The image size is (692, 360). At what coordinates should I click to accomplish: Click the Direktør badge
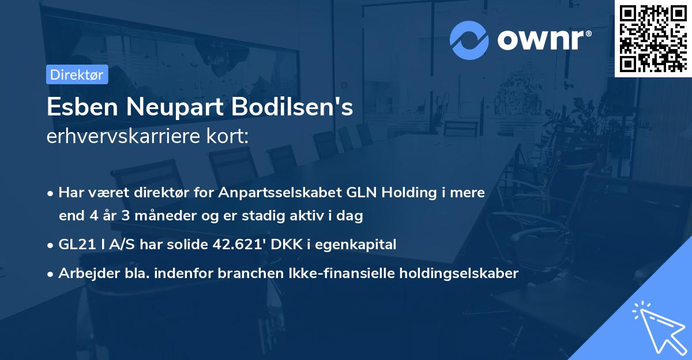pos(76,74)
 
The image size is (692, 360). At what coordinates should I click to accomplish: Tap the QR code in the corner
pos(653,38)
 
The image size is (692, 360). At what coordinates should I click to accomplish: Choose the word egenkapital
pos(363,245)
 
